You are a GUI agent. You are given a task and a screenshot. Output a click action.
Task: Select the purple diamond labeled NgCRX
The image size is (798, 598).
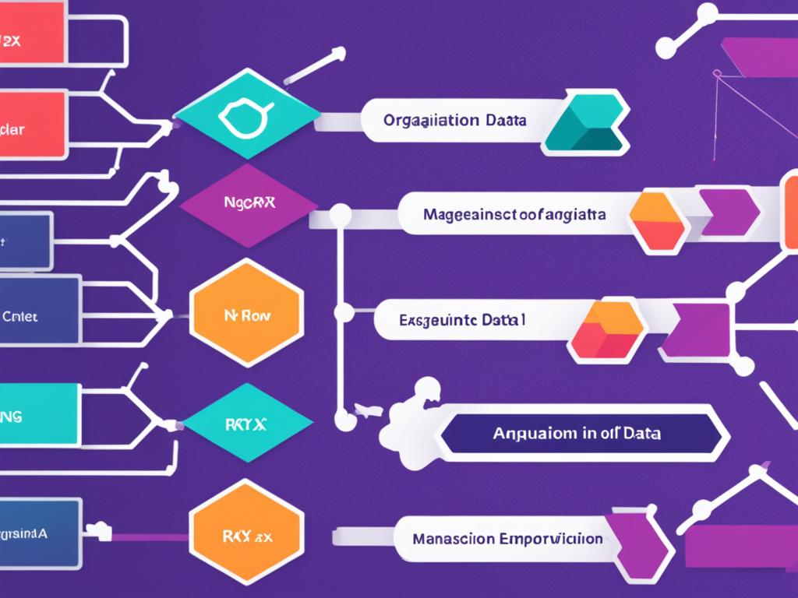(x=249, y=205)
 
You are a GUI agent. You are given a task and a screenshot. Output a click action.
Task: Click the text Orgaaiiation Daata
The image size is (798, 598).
(x=454, y=121)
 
